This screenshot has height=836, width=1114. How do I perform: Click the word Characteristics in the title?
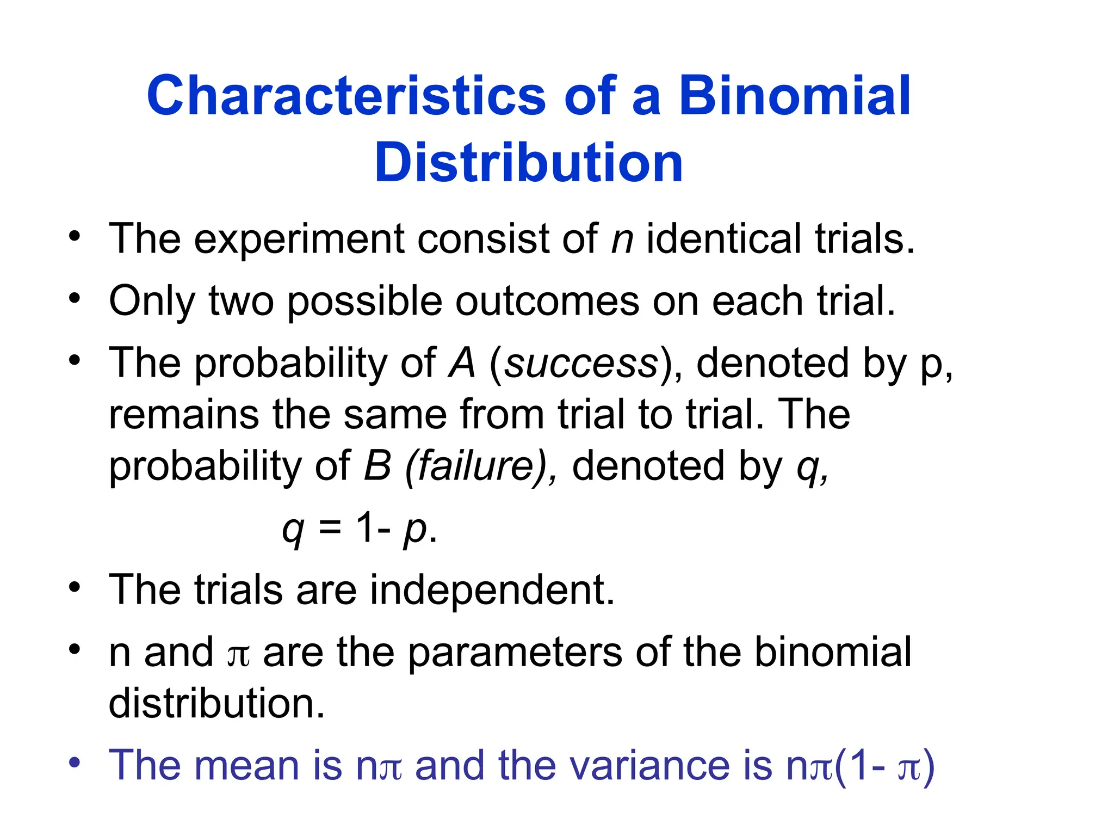tap(346, 96)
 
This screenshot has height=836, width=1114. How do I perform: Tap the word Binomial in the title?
tap(794, 96)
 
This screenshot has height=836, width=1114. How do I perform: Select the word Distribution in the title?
tap(528, 163)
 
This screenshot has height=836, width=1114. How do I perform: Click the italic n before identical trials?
tap(622, 239)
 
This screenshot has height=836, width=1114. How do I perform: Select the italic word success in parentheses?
tap(581, 364)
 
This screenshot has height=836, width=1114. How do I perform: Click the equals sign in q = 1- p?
tap(330, 528)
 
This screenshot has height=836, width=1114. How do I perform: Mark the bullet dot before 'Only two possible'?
tap(75, 298)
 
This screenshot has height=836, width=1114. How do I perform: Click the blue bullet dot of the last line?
tap(75, 761)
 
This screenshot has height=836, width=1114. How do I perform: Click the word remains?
tap(184, 415)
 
